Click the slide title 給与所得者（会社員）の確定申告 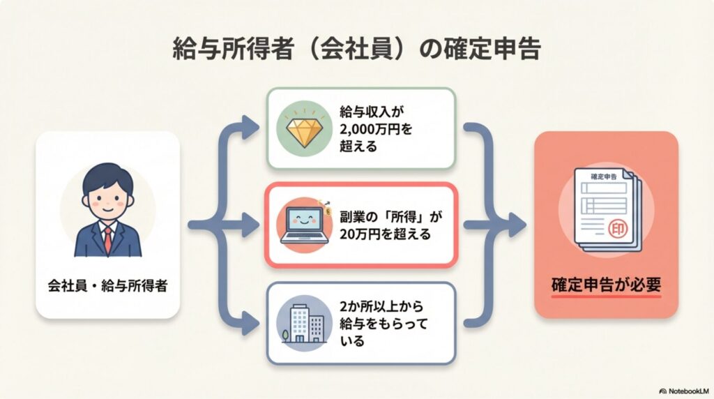356,49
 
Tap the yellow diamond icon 304,128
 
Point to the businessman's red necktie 107,240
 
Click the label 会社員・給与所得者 107,285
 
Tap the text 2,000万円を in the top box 376,129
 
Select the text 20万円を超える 385,234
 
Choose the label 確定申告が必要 606,285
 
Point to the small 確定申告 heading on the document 603,176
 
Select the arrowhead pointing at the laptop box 250,225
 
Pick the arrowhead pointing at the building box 250,324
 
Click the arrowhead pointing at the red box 517,225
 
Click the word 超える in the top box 358,146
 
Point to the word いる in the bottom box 352,341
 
